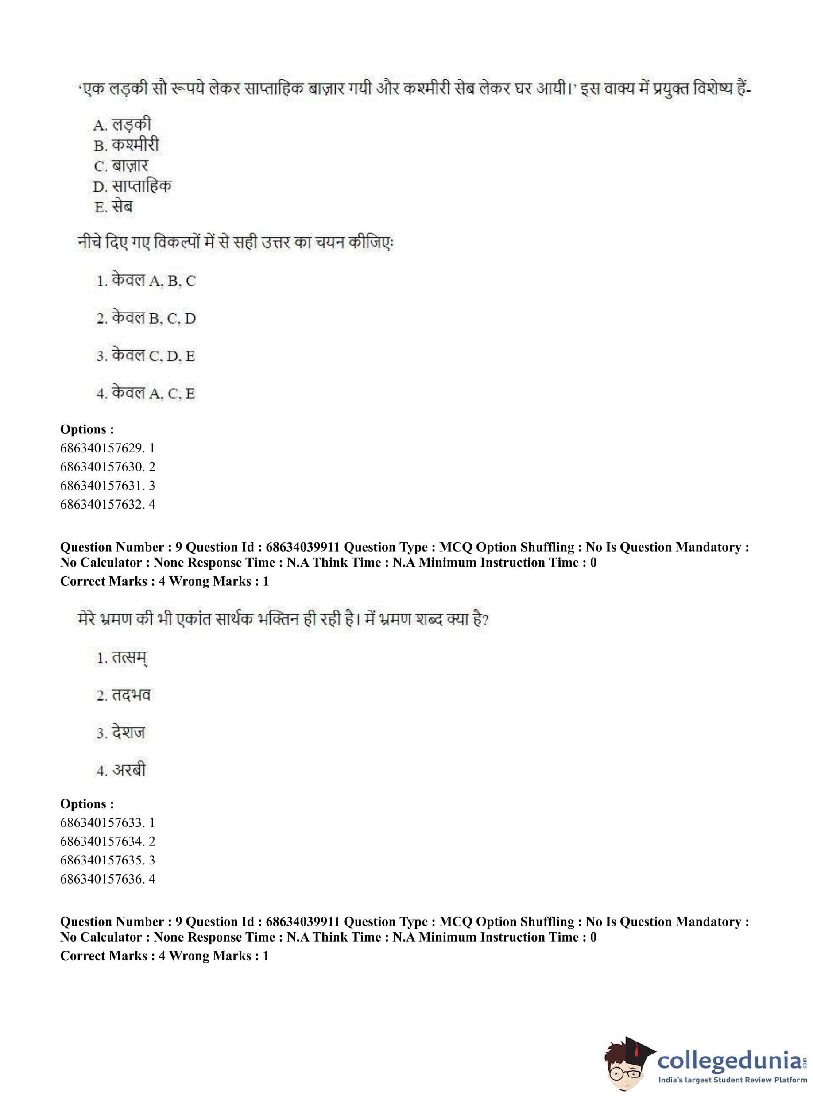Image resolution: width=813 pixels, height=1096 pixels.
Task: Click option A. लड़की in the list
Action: [x=122, y=125]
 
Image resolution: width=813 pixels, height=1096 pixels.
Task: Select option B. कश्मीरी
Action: [x=126, y=146]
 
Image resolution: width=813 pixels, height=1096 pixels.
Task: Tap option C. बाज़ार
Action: [x=120, y=166]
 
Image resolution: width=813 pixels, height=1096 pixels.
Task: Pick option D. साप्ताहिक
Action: [x=132, y=187]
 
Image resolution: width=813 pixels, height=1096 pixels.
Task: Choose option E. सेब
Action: [x=113, y=207]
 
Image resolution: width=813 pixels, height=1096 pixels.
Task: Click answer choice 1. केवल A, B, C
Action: [x=146, y=281]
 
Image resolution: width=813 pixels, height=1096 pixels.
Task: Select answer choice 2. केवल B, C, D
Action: [x=146, y=318]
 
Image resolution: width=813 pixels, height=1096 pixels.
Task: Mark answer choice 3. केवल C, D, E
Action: [x=146, y=355]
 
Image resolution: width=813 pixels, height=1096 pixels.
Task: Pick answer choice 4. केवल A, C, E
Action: [x=146, y=393]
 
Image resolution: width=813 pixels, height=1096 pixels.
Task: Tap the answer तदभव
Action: [x=123, y=695]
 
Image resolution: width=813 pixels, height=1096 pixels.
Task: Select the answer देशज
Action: [x=121, y=733]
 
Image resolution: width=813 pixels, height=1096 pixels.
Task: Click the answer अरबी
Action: [x=121, y=770]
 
